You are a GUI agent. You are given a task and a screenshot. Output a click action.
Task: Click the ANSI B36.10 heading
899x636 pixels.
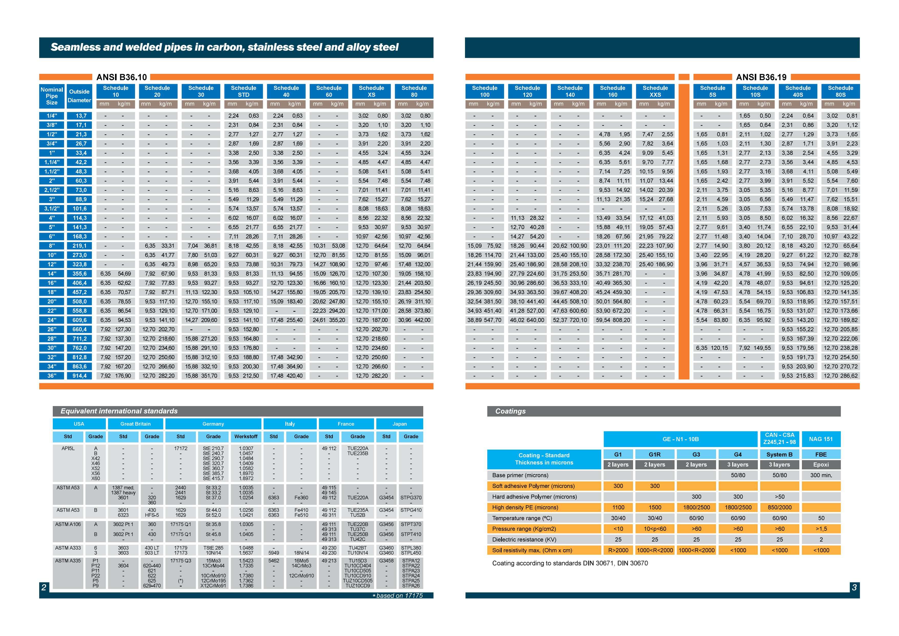[121, 77]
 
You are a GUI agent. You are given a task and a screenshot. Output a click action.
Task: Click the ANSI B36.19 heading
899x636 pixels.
[761, 77]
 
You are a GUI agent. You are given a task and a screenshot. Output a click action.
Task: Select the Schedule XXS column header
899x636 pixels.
[655, 91]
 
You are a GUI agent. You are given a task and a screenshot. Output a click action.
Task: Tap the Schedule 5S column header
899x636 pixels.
[713, 91]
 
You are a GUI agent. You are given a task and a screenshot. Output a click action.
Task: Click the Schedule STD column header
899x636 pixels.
[244, 91]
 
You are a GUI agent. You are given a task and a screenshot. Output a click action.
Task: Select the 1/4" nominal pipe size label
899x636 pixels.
[52, 116]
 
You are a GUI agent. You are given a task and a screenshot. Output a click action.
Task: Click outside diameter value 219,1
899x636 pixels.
[79, 246]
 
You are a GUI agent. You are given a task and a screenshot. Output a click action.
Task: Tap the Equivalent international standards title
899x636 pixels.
[119, 411]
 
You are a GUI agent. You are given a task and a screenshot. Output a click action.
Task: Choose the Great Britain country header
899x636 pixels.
[136, 424]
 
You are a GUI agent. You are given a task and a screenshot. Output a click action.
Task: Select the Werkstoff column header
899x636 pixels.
[246, 437]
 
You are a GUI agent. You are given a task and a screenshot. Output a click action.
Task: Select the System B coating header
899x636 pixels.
[780, 455]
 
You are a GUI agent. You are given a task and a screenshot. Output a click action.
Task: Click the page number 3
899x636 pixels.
[854, 587]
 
